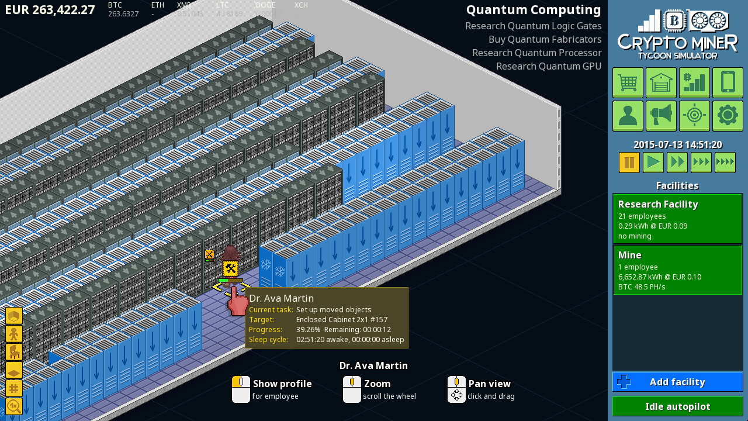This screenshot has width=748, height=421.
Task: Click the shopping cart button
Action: pyautogui.click(x=628, y=82)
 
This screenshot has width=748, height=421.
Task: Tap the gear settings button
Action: pyautogui.click(x=728, y=116)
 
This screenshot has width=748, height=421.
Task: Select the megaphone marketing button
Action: pyautogui.click(x=661, y=116)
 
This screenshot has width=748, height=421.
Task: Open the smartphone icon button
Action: pyautogui.click(x=728, y=82)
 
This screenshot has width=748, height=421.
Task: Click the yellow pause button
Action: pyautogui.click(x=629, y=162)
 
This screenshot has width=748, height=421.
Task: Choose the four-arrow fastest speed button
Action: pyautogui.click(x=725, y=162)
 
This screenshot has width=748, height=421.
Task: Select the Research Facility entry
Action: pyautogui.click(x=677, y=219)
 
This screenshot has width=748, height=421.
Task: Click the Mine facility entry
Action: pyautogui.click(x=677, y=270)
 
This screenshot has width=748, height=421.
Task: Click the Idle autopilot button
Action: pyautogui.click(x=677, y=406)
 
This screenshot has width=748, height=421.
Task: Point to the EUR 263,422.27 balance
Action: pyautogui.click(x=50, y=10)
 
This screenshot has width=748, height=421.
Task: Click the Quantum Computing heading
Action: pyautogui.click(x=534, y=10)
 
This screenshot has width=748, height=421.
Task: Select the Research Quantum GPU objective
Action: pyautogui.click(x=549, y=66)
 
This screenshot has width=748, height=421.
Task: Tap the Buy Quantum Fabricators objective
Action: pyautogui.click(x=545, y=39)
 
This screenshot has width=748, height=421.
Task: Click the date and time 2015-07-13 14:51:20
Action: pyautogui.click(x=677, y=145)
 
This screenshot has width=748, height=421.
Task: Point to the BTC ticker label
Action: pyautogui.click(x=115, y=5)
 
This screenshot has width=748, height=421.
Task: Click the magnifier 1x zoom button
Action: pyautogui.click(x=14, y=406)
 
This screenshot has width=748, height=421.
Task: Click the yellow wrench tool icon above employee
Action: pyautogui.click(x=230, y=268)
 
